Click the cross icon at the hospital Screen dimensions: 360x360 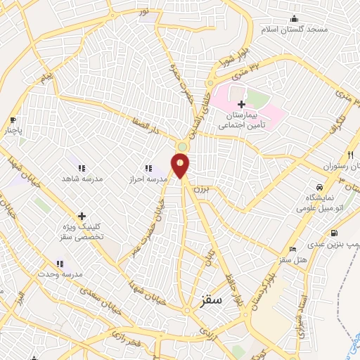point(241,104)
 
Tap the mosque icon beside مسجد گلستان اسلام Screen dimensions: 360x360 point(294,19)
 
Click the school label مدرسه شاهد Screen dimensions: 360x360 point(84,179)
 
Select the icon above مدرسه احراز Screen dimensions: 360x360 point(148,168)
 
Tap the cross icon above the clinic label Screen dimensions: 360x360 point(82,217)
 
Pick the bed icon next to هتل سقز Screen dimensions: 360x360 point(293,249)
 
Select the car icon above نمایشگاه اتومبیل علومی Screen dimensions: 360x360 point(320,188)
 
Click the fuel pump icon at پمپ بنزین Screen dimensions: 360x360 point(333,233)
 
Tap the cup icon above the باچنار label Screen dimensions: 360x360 point(13,120)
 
